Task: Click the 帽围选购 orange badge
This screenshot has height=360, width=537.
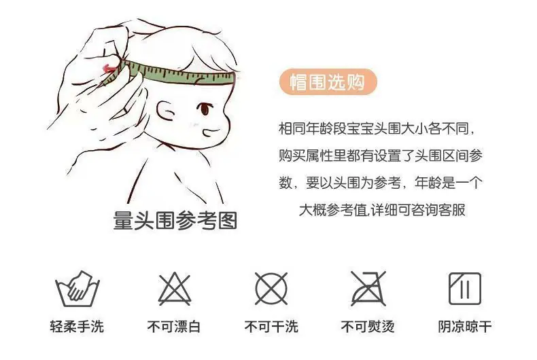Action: [x=328, y=82]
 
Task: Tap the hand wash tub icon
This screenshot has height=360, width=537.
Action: [x=77, y=289]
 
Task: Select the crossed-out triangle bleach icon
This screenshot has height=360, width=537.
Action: [x=174, y=289]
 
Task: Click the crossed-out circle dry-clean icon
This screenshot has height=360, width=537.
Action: [x=271, y=289]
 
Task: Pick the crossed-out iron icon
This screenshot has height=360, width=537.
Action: [x=368, y=289]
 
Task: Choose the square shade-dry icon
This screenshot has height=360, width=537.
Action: [x=465, y=289]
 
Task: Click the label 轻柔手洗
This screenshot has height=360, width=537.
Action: [x=77, y=327]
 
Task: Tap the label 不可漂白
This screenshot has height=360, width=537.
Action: [x=174, y=327]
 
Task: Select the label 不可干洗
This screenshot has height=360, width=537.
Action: [x=271, y=327]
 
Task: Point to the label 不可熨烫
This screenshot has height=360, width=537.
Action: [x=368, y=327]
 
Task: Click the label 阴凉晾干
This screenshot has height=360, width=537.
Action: [x=465, y=327]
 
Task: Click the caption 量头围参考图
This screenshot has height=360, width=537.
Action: [x=175, y=220]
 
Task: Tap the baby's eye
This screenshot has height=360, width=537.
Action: [x=205, y=109]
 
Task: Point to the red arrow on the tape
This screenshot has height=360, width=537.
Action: [x=110, y=69]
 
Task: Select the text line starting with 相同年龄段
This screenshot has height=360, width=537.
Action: [x=377, y=128]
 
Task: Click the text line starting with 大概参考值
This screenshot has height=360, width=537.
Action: [x=382, y=210]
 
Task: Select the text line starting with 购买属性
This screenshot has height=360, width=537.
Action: [x=381, y=156]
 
